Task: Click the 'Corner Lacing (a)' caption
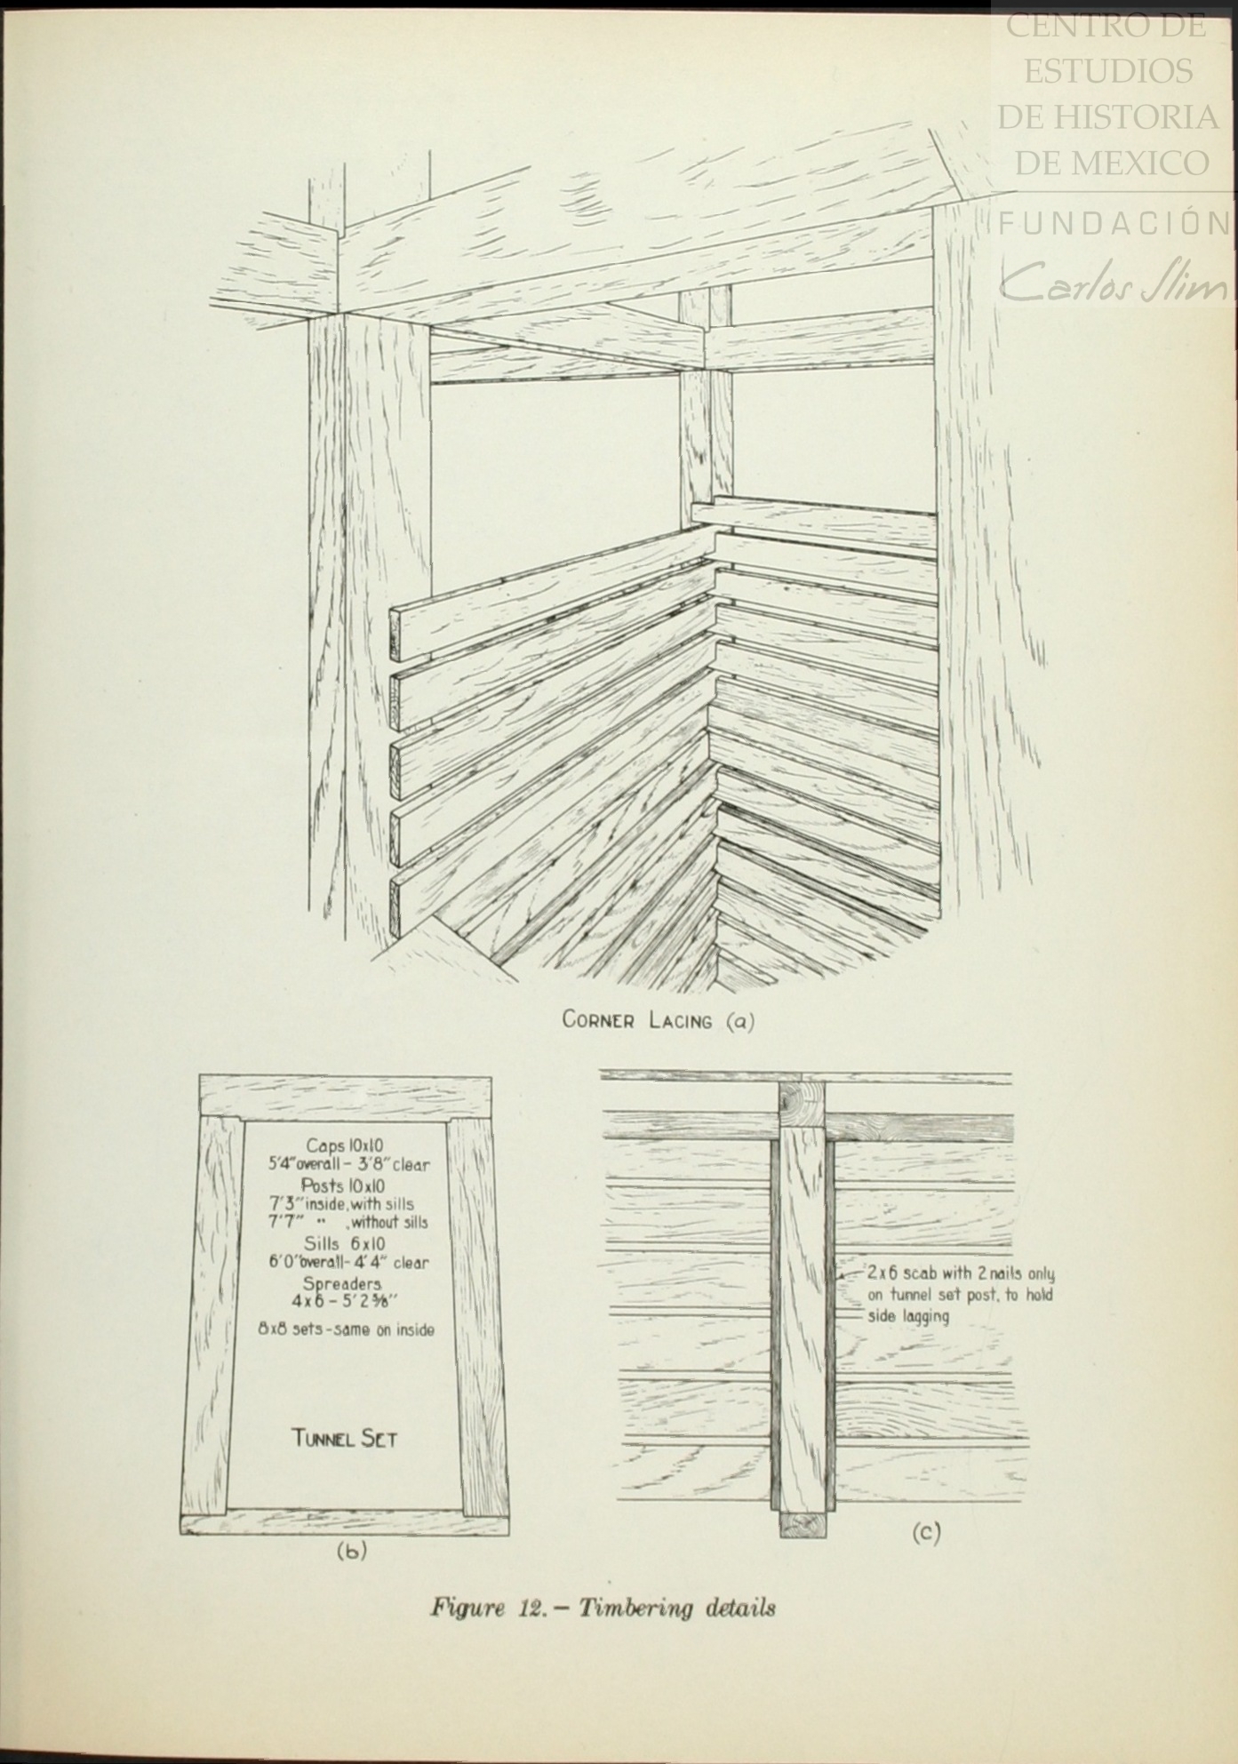point(659,1020)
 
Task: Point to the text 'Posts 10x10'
point(343,1185)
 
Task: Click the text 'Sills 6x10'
point(345,1244)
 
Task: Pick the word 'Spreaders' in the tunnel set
point(342,1285)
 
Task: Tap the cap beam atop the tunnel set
point(345,1097)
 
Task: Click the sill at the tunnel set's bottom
point(345,1522)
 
